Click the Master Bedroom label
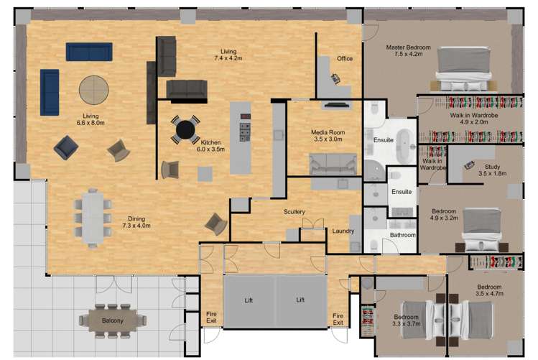point(408,48)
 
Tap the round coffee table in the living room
point(94,91)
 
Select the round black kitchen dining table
point(185,130)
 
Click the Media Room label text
point(328,133)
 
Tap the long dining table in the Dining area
point(93,214)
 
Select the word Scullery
point(294,212)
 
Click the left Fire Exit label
point(211,318)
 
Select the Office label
point(345,59)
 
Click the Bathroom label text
point(402,235)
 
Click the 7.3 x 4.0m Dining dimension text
point(136,226)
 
